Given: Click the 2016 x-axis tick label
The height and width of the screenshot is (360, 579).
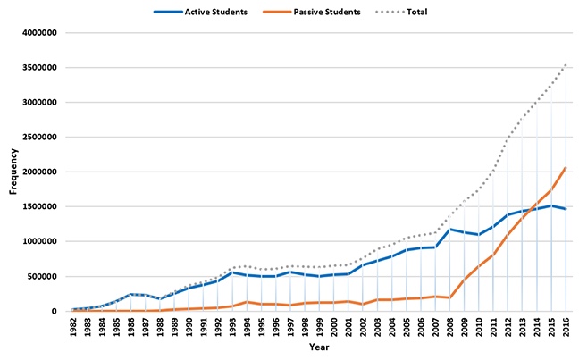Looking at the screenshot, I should [566, 326].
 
